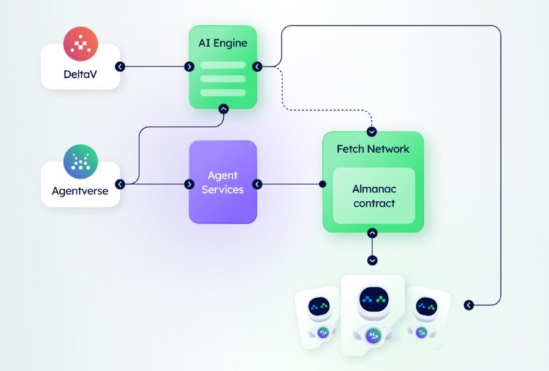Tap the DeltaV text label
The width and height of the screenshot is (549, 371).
pyautogui.click(x=80, y=74)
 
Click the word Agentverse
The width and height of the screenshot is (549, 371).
pyautogui.click(x=80, y=192)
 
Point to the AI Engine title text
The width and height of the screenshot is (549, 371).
pyautogui.click(x=222, y=43)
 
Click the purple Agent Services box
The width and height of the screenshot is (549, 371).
pyautogui.click(x=222, y=182)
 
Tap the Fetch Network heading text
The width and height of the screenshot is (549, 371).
pyautogui.click(x=373, y=149)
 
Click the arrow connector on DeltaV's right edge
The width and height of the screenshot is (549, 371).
pyautogui.click(x=120, y=66)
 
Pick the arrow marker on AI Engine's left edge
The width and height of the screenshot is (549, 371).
pyautogui.click(x=189, y=66)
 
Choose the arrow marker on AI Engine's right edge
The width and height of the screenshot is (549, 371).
pyautogui.click(x=257, y=66)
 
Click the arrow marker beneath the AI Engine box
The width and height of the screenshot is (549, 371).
pyautogui.click(x=223, y=109)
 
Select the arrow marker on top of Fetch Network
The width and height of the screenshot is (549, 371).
pyautogui.click(x=372, y=132)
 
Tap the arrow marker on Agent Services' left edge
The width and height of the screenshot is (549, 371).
pyautogui.click(x=189, y=184)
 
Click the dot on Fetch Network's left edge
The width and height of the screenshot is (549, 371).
pyautogui.click(x=322, y=184)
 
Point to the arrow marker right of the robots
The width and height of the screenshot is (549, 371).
pyautogui.click(x=469, y=305)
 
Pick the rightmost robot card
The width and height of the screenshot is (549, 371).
pyautogui.click(x=427, y=317)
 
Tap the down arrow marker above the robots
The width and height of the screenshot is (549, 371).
pyautogui.click(x=372, y=260)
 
